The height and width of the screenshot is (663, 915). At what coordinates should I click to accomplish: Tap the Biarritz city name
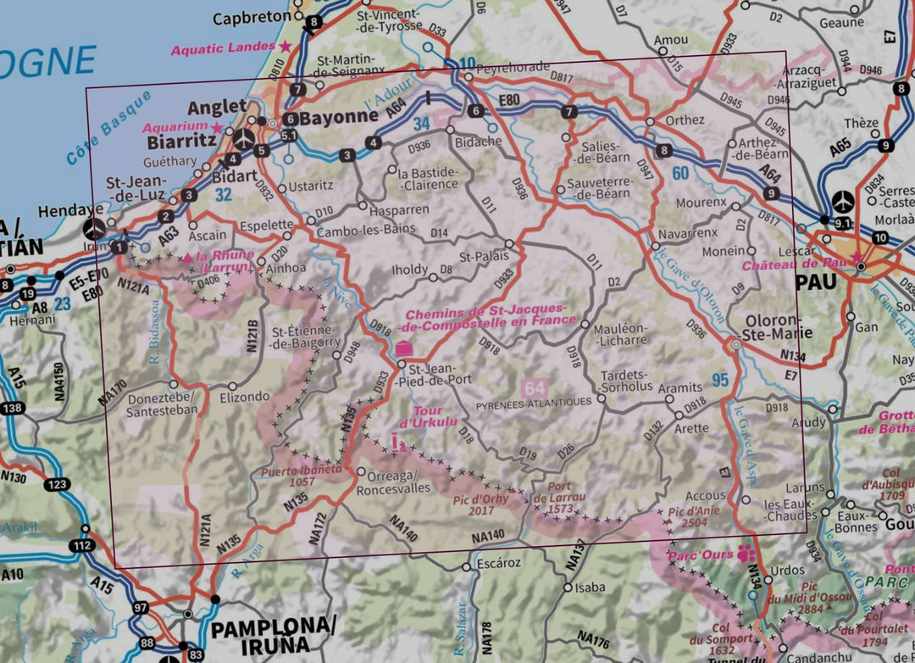click(181, 141)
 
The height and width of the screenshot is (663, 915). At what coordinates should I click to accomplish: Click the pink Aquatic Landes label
click(225, 48)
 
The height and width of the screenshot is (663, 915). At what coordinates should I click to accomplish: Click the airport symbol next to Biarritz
click(243, 138)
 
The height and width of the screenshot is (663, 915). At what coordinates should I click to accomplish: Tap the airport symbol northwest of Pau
click(844, 201)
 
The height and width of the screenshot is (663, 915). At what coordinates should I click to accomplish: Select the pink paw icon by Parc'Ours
click(746, 553)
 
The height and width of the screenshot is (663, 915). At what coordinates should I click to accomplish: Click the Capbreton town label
click(251, 18)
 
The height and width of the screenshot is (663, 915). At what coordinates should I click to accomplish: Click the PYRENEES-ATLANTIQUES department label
click(535, 402)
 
